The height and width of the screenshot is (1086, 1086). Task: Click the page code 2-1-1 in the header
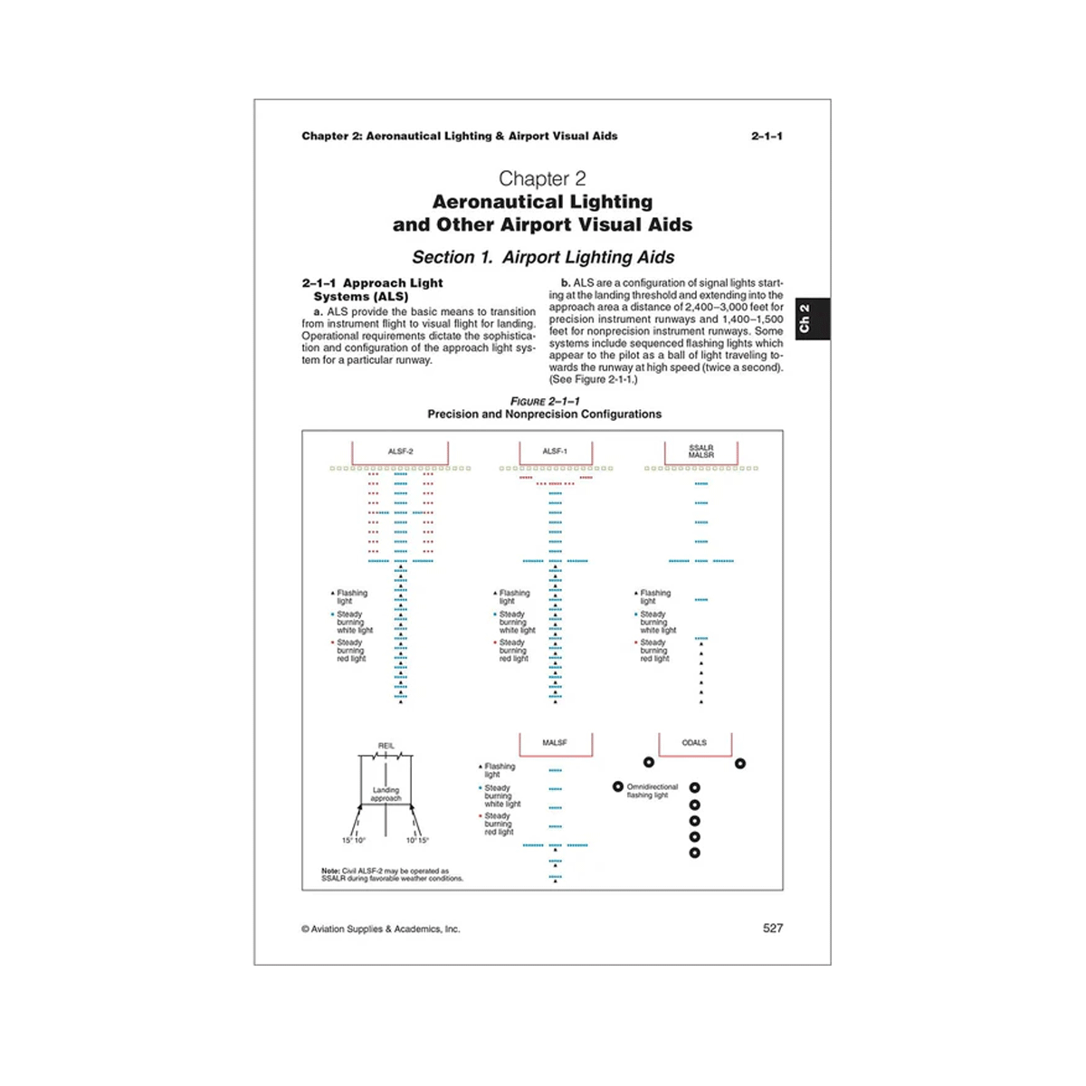point(767,136)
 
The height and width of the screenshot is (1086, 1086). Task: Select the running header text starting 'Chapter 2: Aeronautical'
point(460,136)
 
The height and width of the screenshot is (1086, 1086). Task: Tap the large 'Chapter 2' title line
point(542,178)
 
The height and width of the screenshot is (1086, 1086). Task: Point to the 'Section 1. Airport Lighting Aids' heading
point(543,257)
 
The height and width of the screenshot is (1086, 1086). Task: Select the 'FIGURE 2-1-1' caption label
point(545,401)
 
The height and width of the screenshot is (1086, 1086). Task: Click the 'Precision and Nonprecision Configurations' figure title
point(544,414)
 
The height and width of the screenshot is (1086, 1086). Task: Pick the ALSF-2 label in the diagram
point(400,452)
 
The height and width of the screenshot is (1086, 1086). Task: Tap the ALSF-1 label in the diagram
point(555,452)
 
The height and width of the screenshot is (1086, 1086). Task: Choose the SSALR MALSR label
point(701,451)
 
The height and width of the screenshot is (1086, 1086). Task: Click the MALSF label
point(555,743)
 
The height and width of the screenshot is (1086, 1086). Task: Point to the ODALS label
point(694,743)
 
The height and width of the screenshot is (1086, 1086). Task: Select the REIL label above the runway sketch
point(386,747)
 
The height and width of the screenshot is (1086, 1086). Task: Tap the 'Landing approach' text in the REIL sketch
point(386,794)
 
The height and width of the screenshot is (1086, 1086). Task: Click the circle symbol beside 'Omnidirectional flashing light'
point(618,787)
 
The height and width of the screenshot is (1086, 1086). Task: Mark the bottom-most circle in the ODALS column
point(694,853)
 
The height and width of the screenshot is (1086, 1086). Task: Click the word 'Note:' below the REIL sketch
point(330,871)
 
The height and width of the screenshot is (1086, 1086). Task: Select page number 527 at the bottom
point(772,928)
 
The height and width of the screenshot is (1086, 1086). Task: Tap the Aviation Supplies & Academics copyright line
point(381,929)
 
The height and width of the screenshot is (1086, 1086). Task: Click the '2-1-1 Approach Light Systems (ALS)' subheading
point(372,290)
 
